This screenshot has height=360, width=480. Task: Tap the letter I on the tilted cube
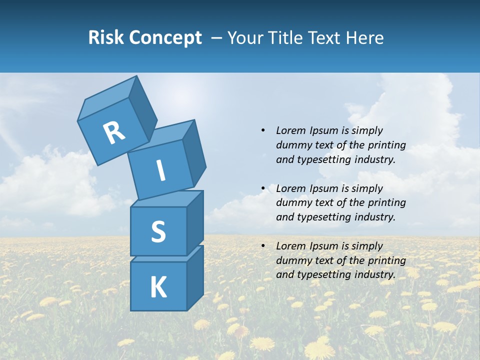161,170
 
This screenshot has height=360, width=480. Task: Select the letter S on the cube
158,231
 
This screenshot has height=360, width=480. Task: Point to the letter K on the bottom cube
158,287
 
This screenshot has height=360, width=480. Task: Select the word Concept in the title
165,38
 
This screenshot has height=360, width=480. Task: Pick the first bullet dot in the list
263,130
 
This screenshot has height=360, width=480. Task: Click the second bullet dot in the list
263,188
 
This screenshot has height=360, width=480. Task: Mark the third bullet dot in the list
263,246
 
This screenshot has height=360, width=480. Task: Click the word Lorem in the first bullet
290,130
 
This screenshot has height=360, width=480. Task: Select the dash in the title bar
217,37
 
